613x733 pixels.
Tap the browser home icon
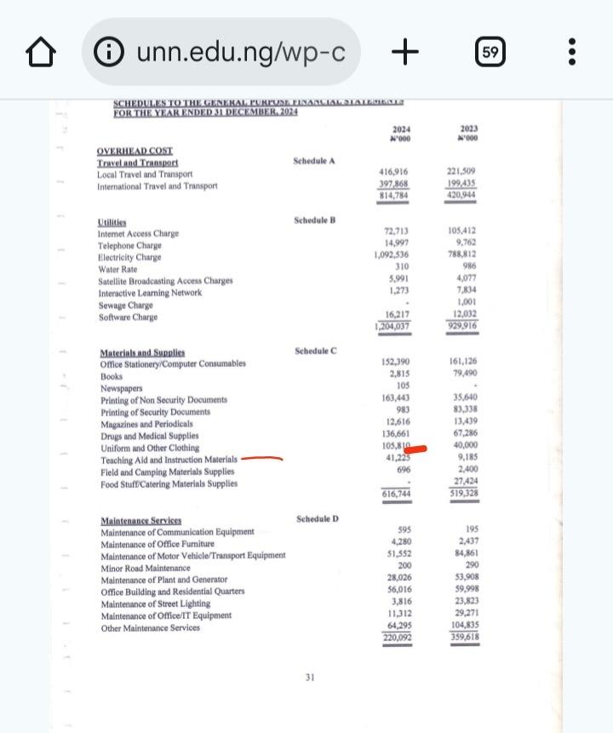(x=41, y=54)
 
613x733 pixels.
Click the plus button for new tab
(x=405, y=53)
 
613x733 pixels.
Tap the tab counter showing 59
(x=490, y=53)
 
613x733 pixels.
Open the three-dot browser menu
(x=571, y=53)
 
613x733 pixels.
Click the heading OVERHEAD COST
(x=135, y=151)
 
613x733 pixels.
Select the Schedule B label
(x=315, y=220)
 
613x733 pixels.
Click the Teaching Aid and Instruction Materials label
(x=169, y=460)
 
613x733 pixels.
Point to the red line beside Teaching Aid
(x=261, y=458)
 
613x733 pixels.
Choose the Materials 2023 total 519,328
(x=464, y=493)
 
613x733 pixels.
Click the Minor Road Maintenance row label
(x=145, y=568)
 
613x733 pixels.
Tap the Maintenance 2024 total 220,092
(x=397, y=638)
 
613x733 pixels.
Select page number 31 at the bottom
(x=310, y=678)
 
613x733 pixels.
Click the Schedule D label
(x=318, y=518)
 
